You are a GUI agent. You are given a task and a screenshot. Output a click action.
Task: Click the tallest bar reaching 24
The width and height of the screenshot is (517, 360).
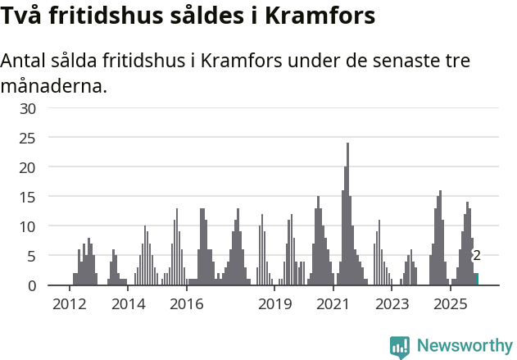click(x=347, y=214)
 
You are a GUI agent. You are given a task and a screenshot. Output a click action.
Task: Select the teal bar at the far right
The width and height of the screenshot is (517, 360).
click(x=477, y=279)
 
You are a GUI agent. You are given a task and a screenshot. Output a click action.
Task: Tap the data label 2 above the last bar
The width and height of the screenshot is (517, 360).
click(x=477, y=256)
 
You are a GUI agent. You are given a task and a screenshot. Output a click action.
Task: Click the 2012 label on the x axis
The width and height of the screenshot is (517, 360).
click(x=69, y=305)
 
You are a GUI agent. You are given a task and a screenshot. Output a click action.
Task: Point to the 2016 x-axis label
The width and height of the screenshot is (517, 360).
click(x=187, y=305)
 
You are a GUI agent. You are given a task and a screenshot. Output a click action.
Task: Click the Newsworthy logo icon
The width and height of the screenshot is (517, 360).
click(x=400, y=347)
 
